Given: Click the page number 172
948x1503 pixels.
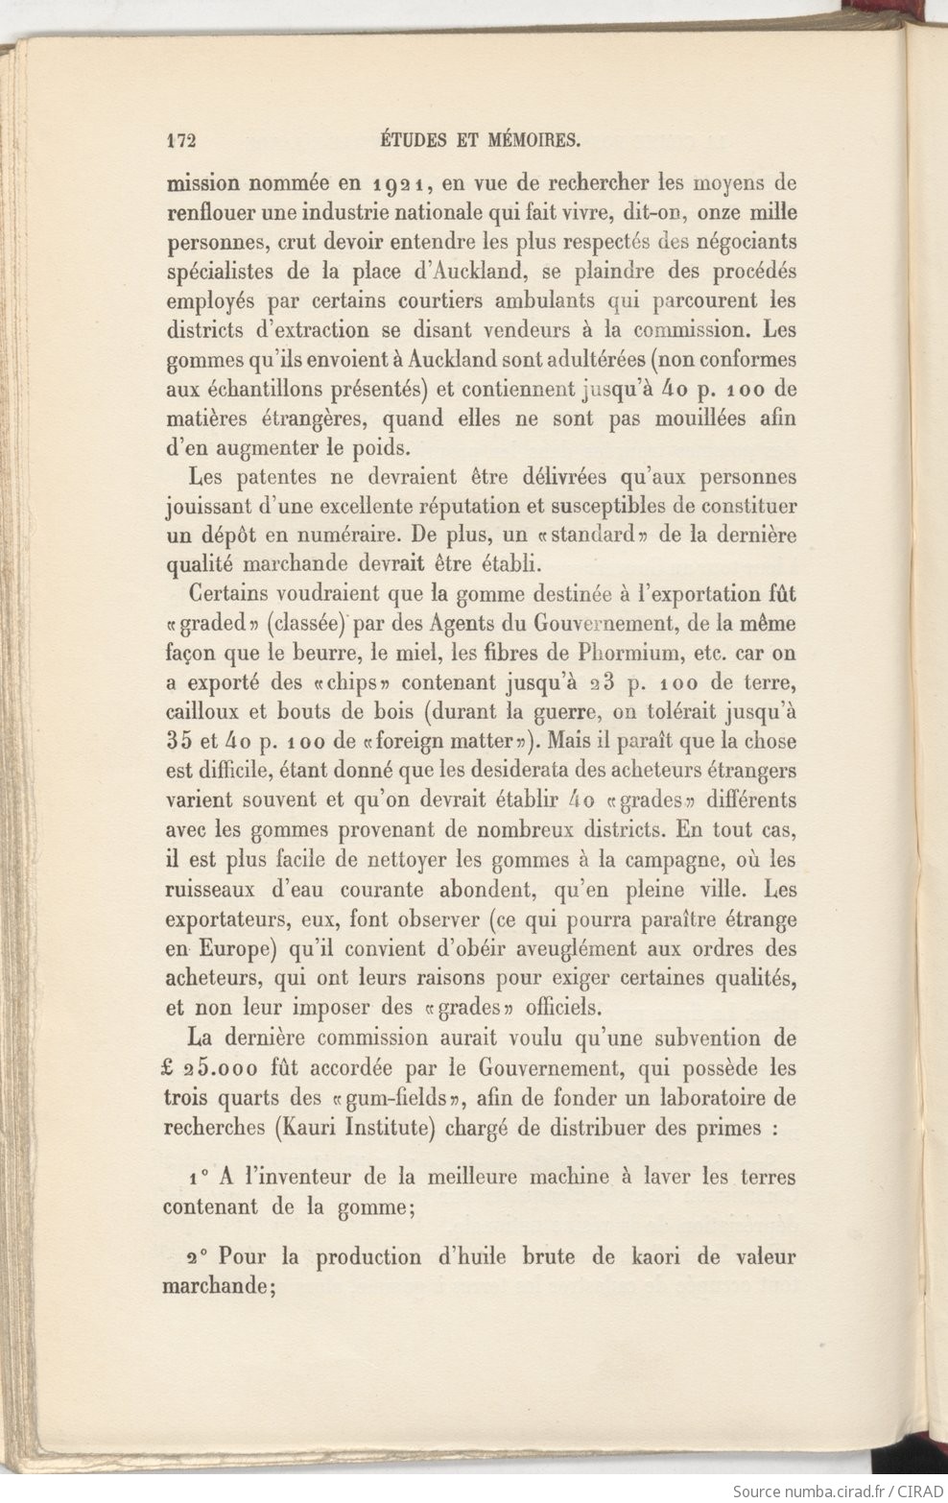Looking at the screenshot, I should point(180,141).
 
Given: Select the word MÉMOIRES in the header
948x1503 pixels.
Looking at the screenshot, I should point(530,141).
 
